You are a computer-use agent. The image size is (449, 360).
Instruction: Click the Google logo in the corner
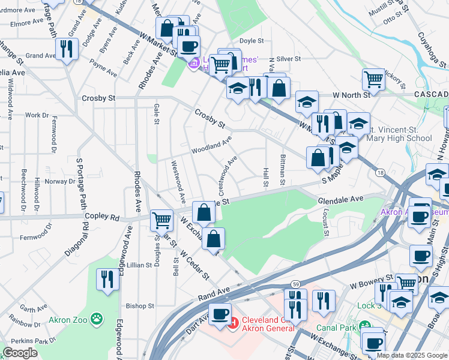pos(20,353)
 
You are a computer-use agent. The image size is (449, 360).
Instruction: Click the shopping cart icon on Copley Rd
pos(161,220)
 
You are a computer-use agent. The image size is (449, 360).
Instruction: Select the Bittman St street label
pos(281,169)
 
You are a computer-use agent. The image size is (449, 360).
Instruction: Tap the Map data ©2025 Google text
pos(412,355)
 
